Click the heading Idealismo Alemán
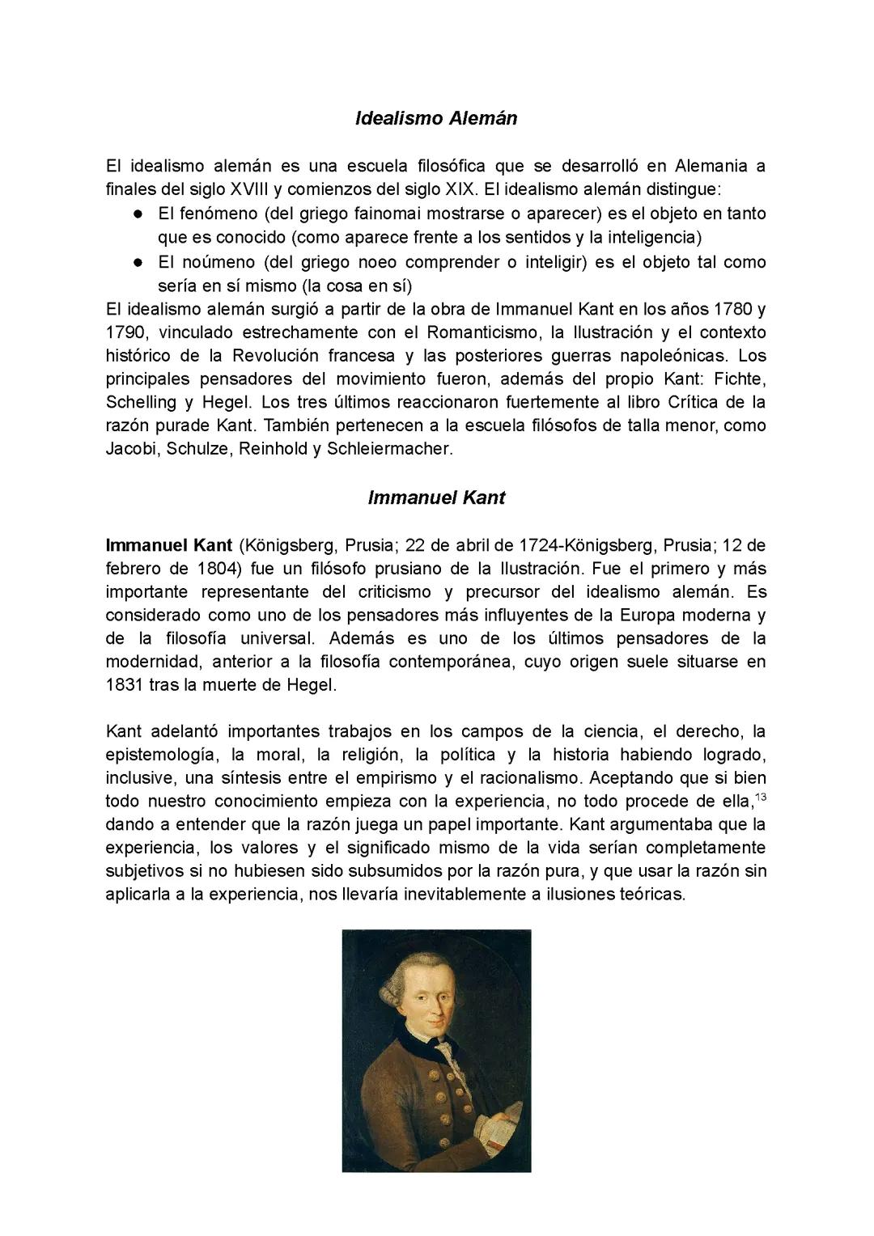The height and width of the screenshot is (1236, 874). click(436, 118)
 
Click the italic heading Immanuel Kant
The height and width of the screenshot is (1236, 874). click(436, 497)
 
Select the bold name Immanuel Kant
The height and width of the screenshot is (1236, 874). click(169, 545)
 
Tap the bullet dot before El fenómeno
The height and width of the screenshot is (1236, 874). click(138, 214)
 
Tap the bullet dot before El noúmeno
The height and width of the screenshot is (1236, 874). click(138, 262)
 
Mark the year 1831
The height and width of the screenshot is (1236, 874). click(124, 685)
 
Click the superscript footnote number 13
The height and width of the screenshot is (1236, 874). click(761, 798)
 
